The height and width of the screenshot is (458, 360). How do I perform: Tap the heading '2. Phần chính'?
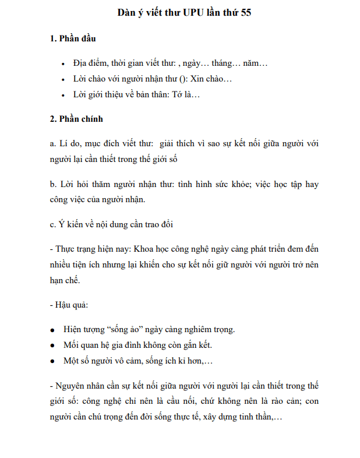click(76, 119)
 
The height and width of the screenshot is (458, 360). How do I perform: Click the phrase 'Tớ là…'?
click(185, 94)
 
